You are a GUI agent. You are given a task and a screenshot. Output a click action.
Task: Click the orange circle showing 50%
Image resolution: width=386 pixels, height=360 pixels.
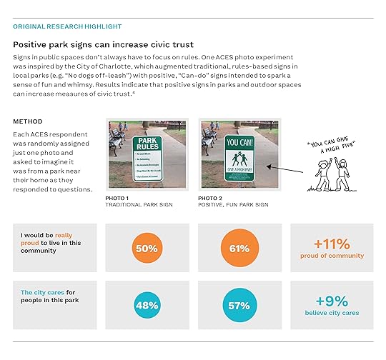click(x=147, y=248)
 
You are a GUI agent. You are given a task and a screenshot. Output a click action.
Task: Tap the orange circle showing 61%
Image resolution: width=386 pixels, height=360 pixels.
click(x=239, y=248)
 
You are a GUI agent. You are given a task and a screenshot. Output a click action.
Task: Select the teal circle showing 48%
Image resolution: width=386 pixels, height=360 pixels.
click(x=147, y=305)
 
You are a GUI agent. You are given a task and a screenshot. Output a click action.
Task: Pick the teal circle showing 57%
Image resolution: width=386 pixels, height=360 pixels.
click(x=239, y=305)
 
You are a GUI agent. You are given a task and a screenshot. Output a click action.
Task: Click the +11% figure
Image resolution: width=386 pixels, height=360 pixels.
click(x=332, y=243)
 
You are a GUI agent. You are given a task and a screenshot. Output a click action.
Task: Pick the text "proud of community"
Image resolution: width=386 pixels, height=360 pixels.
click(x=332, y=256)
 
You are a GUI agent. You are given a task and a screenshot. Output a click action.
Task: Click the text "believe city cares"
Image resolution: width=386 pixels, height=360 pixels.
click(x=332, y=313)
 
